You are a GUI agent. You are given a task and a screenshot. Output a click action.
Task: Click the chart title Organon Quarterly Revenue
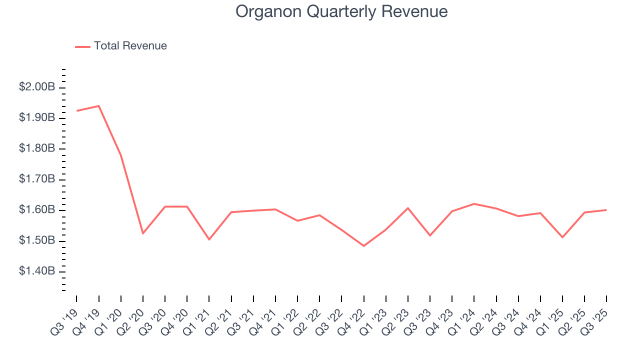tap(341, 11)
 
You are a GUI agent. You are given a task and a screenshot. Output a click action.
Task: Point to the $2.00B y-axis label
tap(37, 87)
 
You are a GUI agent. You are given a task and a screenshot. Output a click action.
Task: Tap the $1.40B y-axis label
tap(37, 271)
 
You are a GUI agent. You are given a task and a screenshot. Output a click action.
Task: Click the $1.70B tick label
tap(37, 179)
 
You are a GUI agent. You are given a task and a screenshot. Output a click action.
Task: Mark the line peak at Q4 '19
tap(99, 106)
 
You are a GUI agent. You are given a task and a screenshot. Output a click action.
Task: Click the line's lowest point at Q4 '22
tap(363, 246)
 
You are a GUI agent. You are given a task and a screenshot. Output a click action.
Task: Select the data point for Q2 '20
tap(143, 233)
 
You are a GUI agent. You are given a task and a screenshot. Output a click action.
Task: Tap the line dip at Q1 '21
tap(209, 239)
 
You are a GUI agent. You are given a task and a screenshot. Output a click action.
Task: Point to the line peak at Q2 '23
tap(408, 208)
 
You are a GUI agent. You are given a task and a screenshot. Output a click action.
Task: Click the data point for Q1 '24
tap(474, 203)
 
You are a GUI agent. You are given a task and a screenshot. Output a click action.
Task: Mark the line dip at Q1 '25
tap(562, 237)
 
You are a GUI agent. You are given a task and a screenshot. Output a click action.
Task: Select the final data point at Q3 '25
tap(606, 210)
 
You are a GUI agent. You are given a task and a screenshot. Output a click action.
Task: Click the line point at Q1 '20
tap(121, 155)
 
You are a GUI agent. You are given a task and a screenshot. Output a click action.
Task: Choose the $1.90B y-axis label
tap(37, 117)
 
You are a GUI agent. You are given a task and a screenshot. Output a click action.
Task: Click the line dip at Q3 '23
tap(430, 235)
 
